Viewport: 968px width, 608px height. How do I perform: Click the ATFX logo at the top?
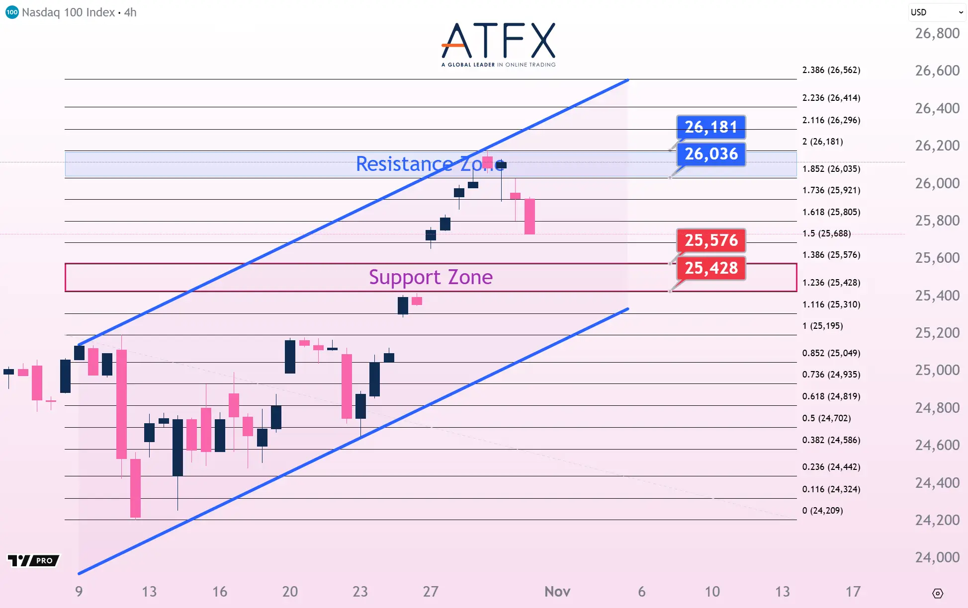coord(498,44)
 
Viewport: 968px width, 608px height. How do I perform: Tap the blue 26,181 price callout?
coord(711,127)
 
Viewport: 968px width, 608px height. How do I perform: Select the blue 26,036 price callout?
coord(711,154)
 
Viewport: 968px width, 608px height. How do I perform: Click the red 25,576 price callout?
coord(711,240)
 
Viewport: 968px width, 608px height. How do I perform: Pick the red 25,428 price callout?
coord(711,268)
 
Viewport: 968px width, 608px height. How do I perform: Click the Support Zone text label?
coord(431,277)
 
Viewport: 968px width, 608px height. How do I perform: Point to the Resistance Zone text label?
coord(431,164)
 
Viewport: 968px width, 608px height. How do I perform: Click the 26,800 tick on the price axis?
coord(937,33)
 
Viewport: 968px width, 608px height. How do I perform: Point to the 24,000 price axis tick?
coord(937,557)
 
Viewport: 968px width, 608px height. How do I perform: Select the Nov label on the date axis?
coord(557,592)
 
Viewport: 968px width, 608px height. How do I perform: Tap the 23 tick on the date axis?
coord(360,592)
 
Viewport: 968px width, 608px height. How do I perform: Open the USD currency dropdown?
coord(937,12)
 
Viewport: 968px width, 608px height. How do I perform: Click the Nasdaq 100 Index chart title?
coord(79,12)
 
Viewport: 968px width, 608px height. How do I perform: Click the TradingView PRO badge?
coord(34,561)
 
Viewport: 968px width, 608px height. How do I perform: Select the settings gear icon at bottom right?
coord(937,593)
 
